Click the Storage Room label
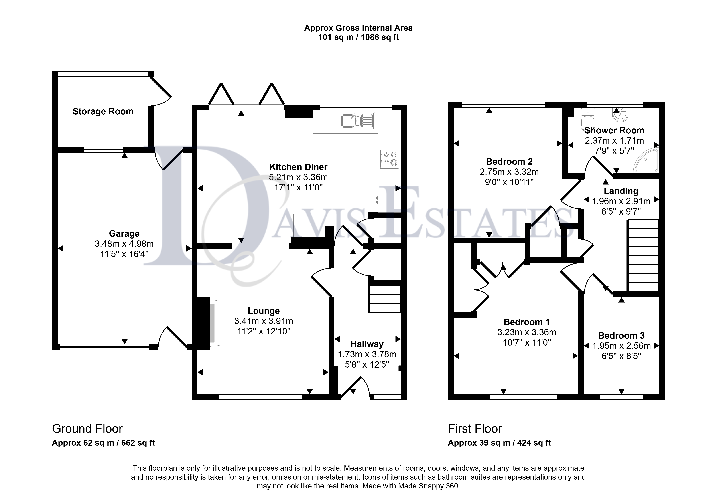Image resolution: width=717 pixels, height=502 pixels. (x=103, y=111)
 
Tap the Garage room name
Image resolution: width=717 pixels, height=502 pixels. (x=124, y=233)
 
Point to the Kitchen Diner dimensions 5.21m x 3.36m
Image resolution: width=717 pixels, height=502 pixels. (x=299, y=177)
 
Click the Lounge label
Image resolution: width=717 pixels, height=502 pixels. (x=264, y=311)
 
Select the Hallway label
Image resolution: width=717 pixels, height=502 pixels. (x=367, y=344)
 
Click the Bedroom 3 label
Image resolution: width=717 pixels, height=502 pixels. (x=622, y=336)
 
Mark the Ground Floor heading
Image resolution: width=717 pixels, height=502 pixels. (x=87, y=429)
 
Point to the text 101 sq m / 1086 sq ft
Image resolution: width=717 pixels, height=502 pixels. (x=359, y=37)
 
